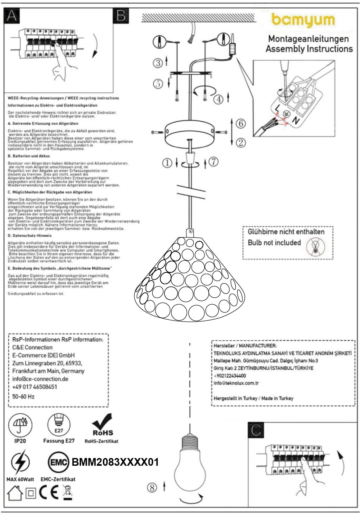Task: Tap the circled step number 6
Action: (x=241, y=124)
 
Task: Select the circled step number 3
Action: (x=158, y=63)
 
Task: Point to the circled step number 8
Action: (x=152, y=488)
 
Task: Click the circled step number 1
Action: (x=167, y=164)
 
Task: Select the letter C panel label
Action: (x=256, y=430)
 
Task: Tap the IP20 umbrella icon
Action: (x=20, y=425)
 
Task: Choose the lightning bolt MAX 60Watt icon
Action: (x=20, y=463)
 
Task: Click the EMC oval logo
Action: (x=59, y=463)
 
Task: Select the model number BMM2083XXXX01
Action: (x=115, y=463)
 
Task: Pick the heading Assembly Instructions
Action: (x=309, y=49)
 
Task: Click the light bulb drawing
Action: (x=189, y=464)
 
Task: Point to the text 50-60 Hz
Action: (x=24, y=397)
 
